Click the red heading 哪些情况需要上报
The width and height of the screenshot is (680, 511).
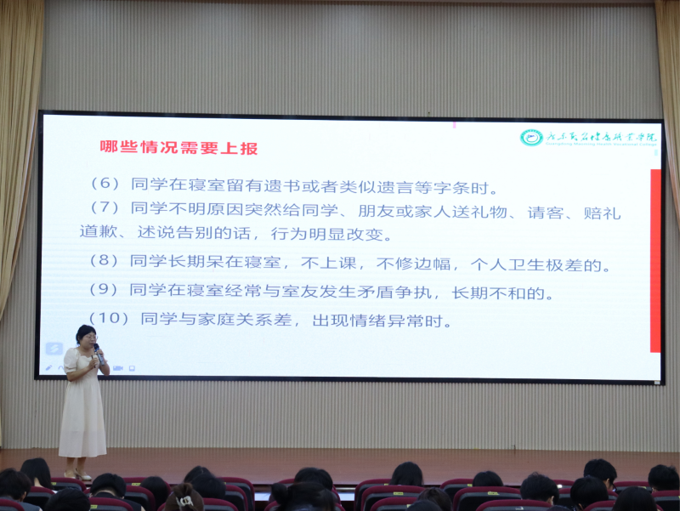tap(178, 147)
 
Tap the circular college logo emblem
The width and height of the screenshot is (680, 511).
tap(531, 137)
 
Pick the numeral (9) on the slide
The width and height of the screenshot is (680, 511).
tap(106, 290)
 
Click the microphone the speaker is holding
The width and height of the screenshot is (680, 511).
tap(98, 351)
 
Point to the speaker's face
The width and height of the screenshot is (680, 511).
tap(87, 338)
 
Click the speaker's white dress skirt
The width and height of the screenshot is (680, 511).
tap(82, 421)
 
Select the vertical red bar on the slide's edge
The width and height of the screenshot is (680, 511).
tap(654, 260)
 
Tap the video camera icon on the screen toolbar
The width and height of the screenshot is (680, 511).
tap(118, 367)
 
